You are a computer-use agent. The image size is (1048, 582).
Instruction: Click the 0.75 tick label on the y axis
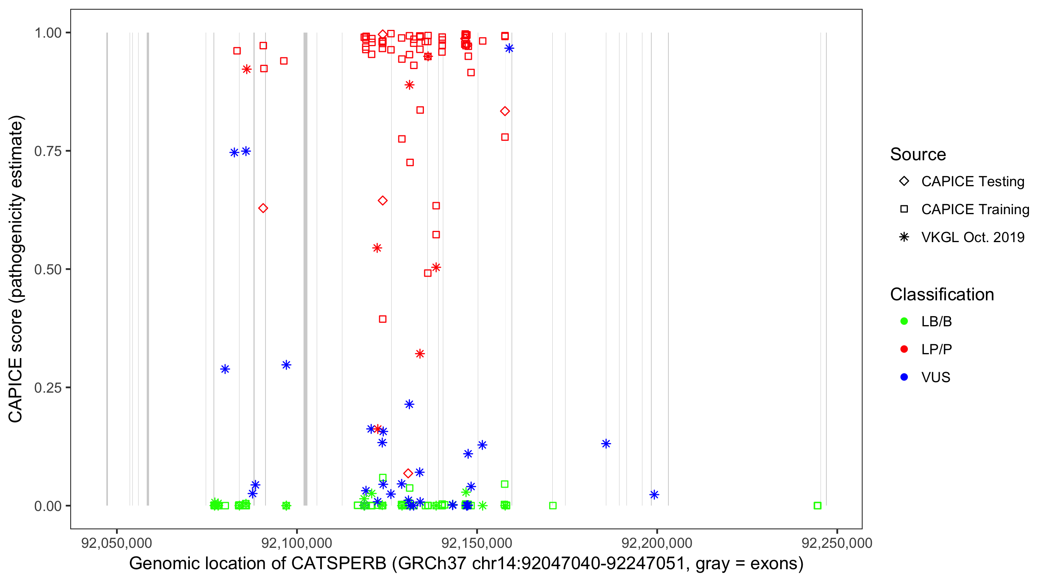tap(47, 151)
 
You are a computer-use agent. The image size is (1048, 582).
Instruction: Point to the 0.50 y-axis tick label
tap(47, 269)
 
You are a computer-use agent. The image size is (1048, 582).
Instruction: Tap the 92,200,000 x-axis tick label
tap(657, 543)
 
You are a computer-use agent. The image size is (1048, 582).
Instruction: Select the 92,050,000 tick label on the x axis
tap(117, 543)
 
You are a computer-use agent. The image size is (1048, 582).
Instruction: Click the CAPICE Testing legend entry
tap(972, 182)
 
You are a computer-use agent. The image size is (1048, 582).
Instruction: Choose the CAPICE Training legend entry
tap(975, 210)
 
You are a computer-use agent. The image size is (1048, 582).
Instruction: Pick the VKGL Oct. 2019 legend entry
tap(972, 237)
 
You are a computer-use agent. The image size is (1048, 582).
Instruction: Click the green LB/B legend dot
tap(904, 321)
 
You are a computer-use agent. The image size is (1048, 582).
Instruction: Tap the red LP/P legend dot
tap(904, 349)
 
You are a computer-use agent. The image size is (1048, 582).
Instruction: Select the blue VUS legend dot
tap(904, 377)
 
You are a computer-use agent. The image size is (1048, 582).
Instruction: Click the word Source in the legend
tap(918, 154)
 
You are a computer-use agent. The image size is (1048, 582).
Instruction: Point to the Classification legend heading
tap(942, 294)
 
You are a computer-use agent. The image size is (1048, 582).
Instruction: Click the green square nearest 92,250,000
tap(817, 506)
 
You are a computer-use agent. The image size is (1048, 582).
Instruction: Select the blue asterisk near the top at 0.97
tap(509, 48)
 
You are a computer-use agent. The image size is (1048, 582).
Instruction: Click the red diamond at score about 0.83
tap(505, 111)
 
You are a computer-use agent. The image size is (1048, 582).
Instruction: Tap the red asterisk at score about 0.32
tap(420, 354)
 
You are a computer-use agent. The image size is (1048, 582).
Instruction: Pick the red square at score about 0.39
tap(382, 319)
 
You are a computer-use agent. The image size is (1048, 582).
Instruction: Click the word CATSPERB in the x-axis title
tap(338, 564)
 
